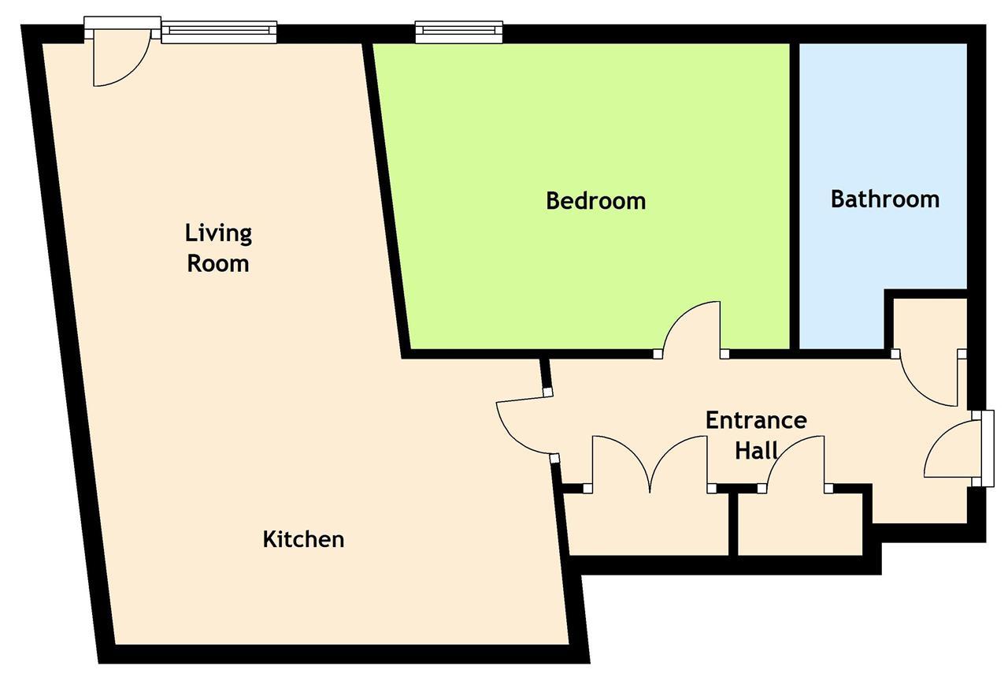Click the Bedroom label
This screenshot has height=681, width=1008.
596,201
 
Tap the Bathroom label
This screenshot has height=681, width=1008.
884,199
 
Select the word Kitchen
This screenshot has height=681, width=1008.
303,538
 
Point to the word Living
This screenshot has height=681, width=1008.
218,234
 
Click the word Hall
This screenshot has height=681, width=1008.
756,450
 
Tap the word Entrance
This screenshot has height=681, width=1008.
756,420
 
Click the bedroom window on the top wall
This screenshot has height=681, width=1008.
458,32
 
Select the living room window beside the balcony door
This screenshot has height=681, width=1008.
219,32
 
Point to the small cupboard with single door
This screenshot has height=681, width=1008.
800,524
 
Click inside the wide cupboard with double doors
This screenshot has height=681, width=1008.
647,524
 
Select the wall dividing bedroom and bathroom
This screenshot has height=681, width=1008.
795,196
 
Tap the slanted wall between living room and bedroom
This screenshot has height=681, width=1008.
386,198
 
